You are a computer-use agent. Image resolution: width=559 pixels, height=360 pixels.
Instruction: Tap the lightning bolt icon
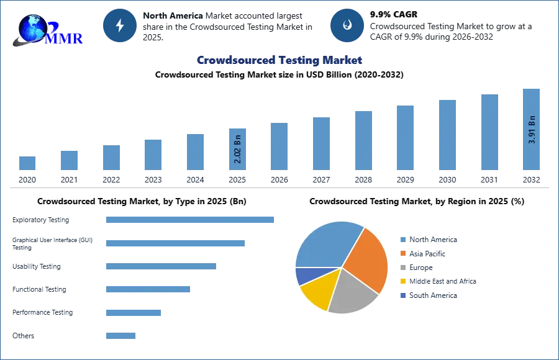click(120, 25)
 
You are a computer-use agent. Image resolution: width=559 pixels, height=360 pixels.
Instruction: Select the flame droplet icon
click(347, 25)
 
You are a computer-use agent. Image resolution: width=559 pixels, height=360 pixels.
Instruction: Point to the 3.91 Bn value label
click(532, 129)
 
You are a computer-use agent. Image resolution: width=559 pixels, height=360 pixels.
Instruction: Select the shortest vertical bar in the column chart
click(27, 163)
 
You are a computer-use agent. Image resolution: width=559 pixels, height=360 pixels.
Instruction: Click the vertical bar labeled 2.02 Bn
click(238, 149)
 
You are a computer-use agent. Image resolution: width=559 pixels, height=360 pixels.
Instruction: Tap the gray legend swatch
click(403, 268)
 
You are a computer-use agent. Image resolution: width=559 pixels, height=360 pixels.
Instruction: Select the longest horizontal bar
click(191, 218)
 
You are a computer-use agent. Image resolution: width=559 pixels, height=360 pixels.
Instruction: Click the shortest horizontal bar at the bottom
click(121, 337)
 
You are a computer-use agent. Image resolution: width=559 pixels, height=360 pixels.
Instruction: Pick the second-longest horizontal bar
click(176, 243)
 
